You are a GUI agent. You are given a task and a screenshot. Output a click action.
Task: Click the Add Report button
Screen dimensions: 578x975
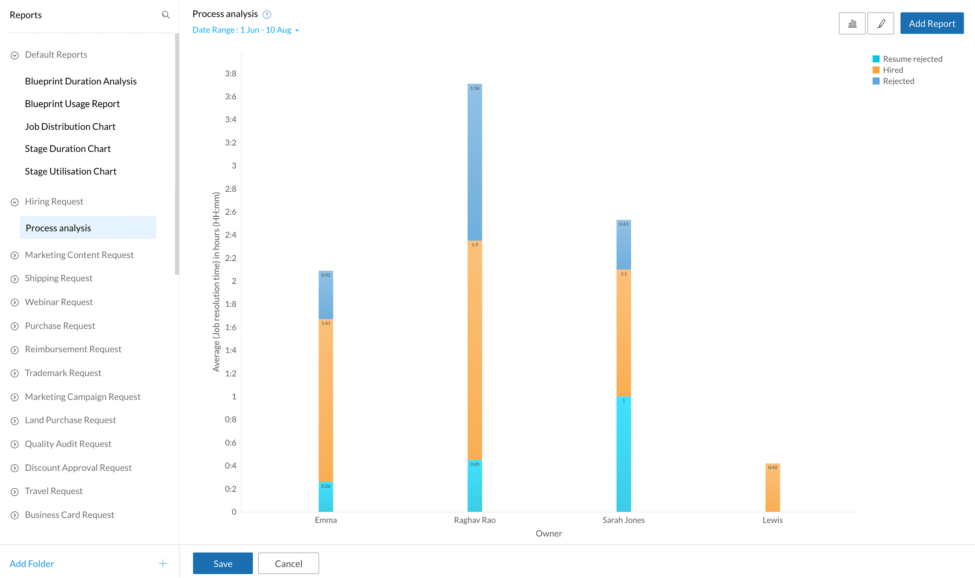pyautogui.click(x=931, y=23)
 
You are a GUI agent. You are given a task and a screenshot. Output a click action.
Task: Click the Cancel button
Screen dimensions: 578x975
pyautogui.click(x=288, y=563)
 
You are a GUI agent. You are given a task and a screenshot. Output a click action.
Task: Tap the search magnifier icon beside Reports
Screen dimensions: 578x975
pyautogui.click(x=166, y=15)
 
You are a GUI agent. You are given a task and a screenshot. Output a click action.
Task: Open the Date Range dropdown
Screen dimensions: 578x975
pyautogui.click(x=246, y=30)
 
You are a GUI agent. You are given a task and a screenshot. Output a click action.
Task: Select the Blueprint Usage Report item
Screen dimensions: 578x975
pyautogui.click(x=72, y=104)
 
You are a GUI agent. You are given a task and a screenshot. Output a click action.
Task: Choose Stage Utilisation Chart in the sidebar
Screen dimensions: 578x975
pyautogui.click(x=70, y=171)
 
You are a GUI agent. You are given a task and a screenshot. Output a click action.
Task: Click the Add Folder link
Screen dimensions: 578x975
pyautogui.click(x=32, y=563)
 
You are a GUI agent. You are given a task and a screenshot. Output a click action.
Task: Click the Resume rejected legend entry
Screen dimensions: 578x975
pyautogui.click(x=912, y=59)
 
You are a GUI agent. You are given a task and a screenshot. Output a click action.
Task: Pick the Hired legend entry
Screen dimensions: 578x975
pyautogui.click(x=892, y=70)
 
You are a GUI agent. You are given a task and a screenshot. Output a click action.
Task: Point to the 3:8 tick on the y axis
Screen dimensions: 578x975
pyautogui.click(x=231, y=73)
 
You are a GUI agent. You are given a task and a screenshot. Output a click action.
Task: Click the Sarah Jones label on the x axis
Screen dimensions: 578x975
pyautogui.click(x=623, y=520)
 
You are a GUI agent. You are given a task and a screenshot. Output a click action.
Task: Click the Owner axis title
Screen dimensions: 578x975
pyautogui.click(x=549, y=534)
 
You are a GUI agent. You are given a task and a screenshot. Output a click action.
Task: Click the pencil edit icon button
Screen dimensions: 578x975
pyautogui.click(x=881, y=23)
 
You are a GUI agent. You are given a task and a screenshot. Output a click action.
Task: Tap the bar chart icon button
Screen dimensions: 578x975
pyautogui.click(x=852, y=23)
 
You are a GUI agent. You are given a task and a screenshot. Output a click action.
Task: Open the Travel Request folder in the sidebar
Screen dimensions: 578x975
pyautogui.click(x=54, y=491)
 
